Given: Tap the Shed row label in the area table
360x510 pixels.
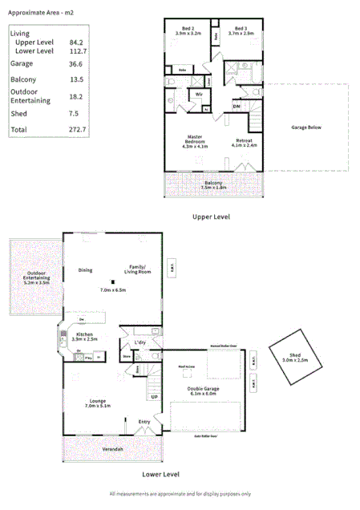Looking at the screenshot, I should pos(18,114).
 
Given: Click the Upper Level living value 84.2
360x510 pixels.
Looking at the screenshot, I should pos(78,42).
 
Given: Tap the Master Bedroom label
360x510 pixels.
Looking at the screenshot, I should pos(195,141).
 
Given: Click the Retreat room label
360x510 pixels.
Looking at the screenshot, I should pos(245,141).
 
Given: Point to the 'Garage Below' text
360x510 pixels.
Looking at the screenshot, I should pos(305,127).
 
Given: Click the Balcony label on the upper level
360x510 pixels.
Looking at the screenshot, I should pos(212,184).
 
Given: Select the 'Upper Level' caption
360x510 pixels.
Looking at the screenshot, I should pos(212,217).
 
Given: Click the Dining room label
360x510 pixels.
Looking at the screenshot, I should pos(86,269).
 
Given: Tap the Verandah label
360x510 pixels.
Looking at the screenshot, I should pos(112,449).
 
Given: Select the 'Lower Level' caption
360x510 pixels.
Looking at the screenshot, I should pos(160,474).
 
